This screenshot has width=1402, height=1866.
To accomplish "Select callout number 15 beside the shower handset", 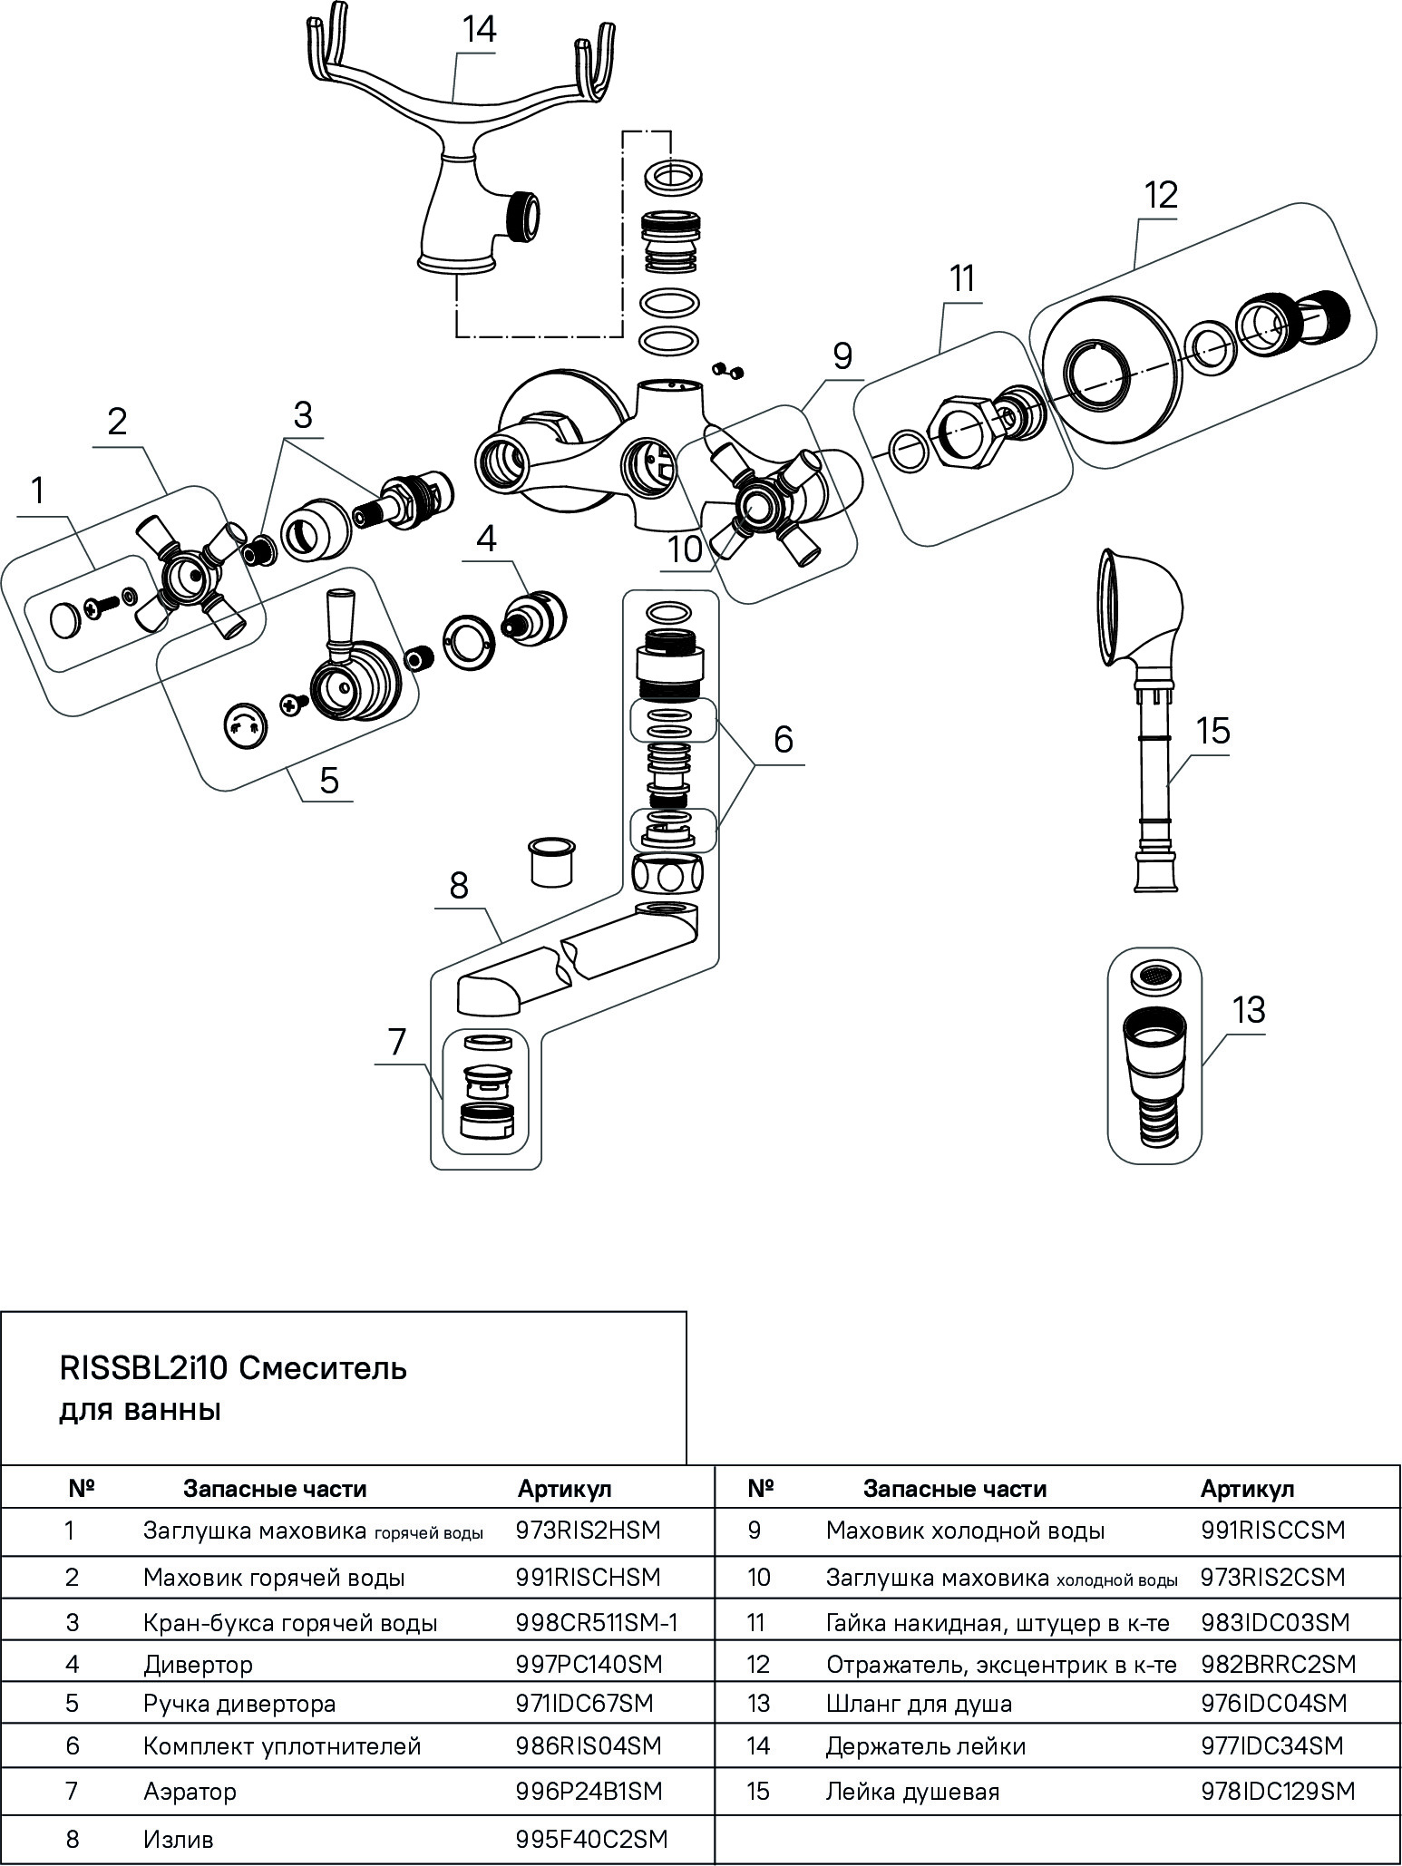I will (1212, 730).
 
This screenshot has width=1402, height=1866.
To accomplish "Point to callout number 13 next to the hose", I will (1248, 1009).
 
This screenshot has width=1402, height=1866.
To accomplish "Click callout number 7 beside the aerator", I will (397, 1042).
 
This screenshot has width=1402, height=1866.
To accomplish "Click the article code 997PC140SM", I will (589, 1664).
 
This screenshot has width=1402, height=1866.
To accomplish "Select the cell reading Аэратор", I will (190, 1791).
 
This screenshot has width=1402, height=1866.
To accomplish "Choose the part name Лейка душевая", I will (912, 1791).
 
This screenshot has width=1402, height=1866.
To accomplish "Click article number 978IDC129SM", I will (1277, 1791).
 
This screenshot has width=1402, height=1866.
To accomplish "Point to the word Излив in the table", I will (178, 1840).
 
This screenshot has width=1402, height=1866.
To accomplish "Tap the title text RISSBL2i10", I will (144, 1367).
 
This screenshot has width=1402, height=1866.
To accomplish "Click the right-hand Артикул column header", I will (1247, 1488).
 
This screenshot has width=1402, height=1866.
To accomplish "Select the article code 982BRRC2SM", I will (1278, 1664).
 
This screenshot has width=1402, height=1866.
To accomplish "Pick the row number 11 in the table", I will (757, 1622).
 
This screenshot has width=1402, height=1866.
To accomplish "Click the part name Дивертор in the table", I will (198, 1664).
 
